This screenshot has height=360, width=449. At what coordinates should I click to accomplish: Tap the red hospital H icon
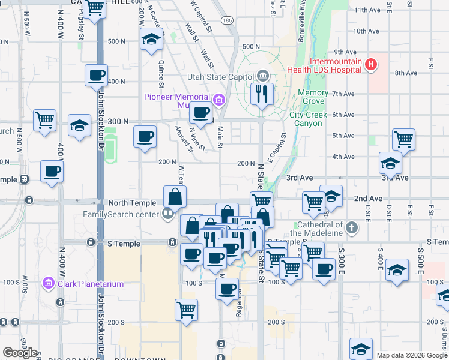click(x=371, y=65)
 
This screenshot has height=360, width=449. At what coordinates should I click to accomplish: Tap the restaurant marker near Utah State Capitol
click(x=261, y=94)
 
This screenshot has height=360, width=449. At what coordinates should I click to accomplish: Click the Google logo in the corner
click(x=20, y=353)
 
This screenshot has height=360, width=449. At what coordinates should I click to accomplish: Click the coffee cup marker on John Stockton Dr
click(x=96, y=76)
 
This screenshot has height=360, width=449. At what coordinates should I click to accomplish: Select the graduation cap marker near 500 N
click(x=151, y=40)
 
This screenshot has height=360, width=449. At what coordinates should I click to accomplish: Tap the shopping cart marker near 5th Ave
click(x=403, y=139)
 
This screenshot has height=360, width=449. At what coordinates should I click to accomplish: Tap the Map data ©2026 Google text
click(x=412, y=355)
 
